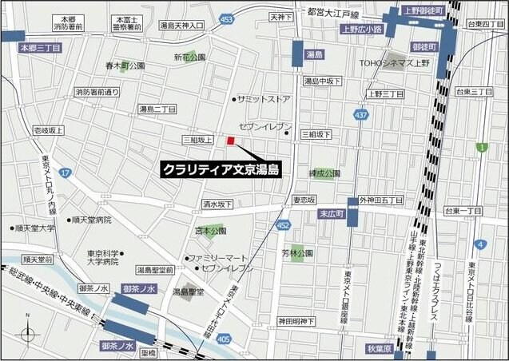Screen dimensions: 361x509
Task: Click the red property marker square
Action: (230, 141)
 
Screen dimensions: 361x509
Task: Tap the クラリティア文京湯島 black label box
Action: (220, 169)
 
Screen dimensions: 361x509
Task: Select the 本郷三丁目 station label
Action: (39, 47)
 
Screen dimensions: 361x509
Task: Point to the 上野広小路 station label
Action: (361, 29)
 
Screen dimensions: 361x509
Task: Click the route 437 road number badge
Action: (361, 115)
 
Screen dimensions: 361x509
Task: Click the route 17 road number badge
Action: (66, 173)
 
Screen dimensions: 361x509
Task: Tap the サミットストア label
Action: (264, 99)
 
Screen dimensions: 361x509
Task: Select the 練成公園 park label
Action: (325, 173)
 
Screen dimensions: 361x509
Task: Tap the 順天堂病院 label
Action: (90, 219)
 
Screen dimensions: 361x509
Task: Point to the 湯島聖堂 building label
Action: (188, 292)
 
